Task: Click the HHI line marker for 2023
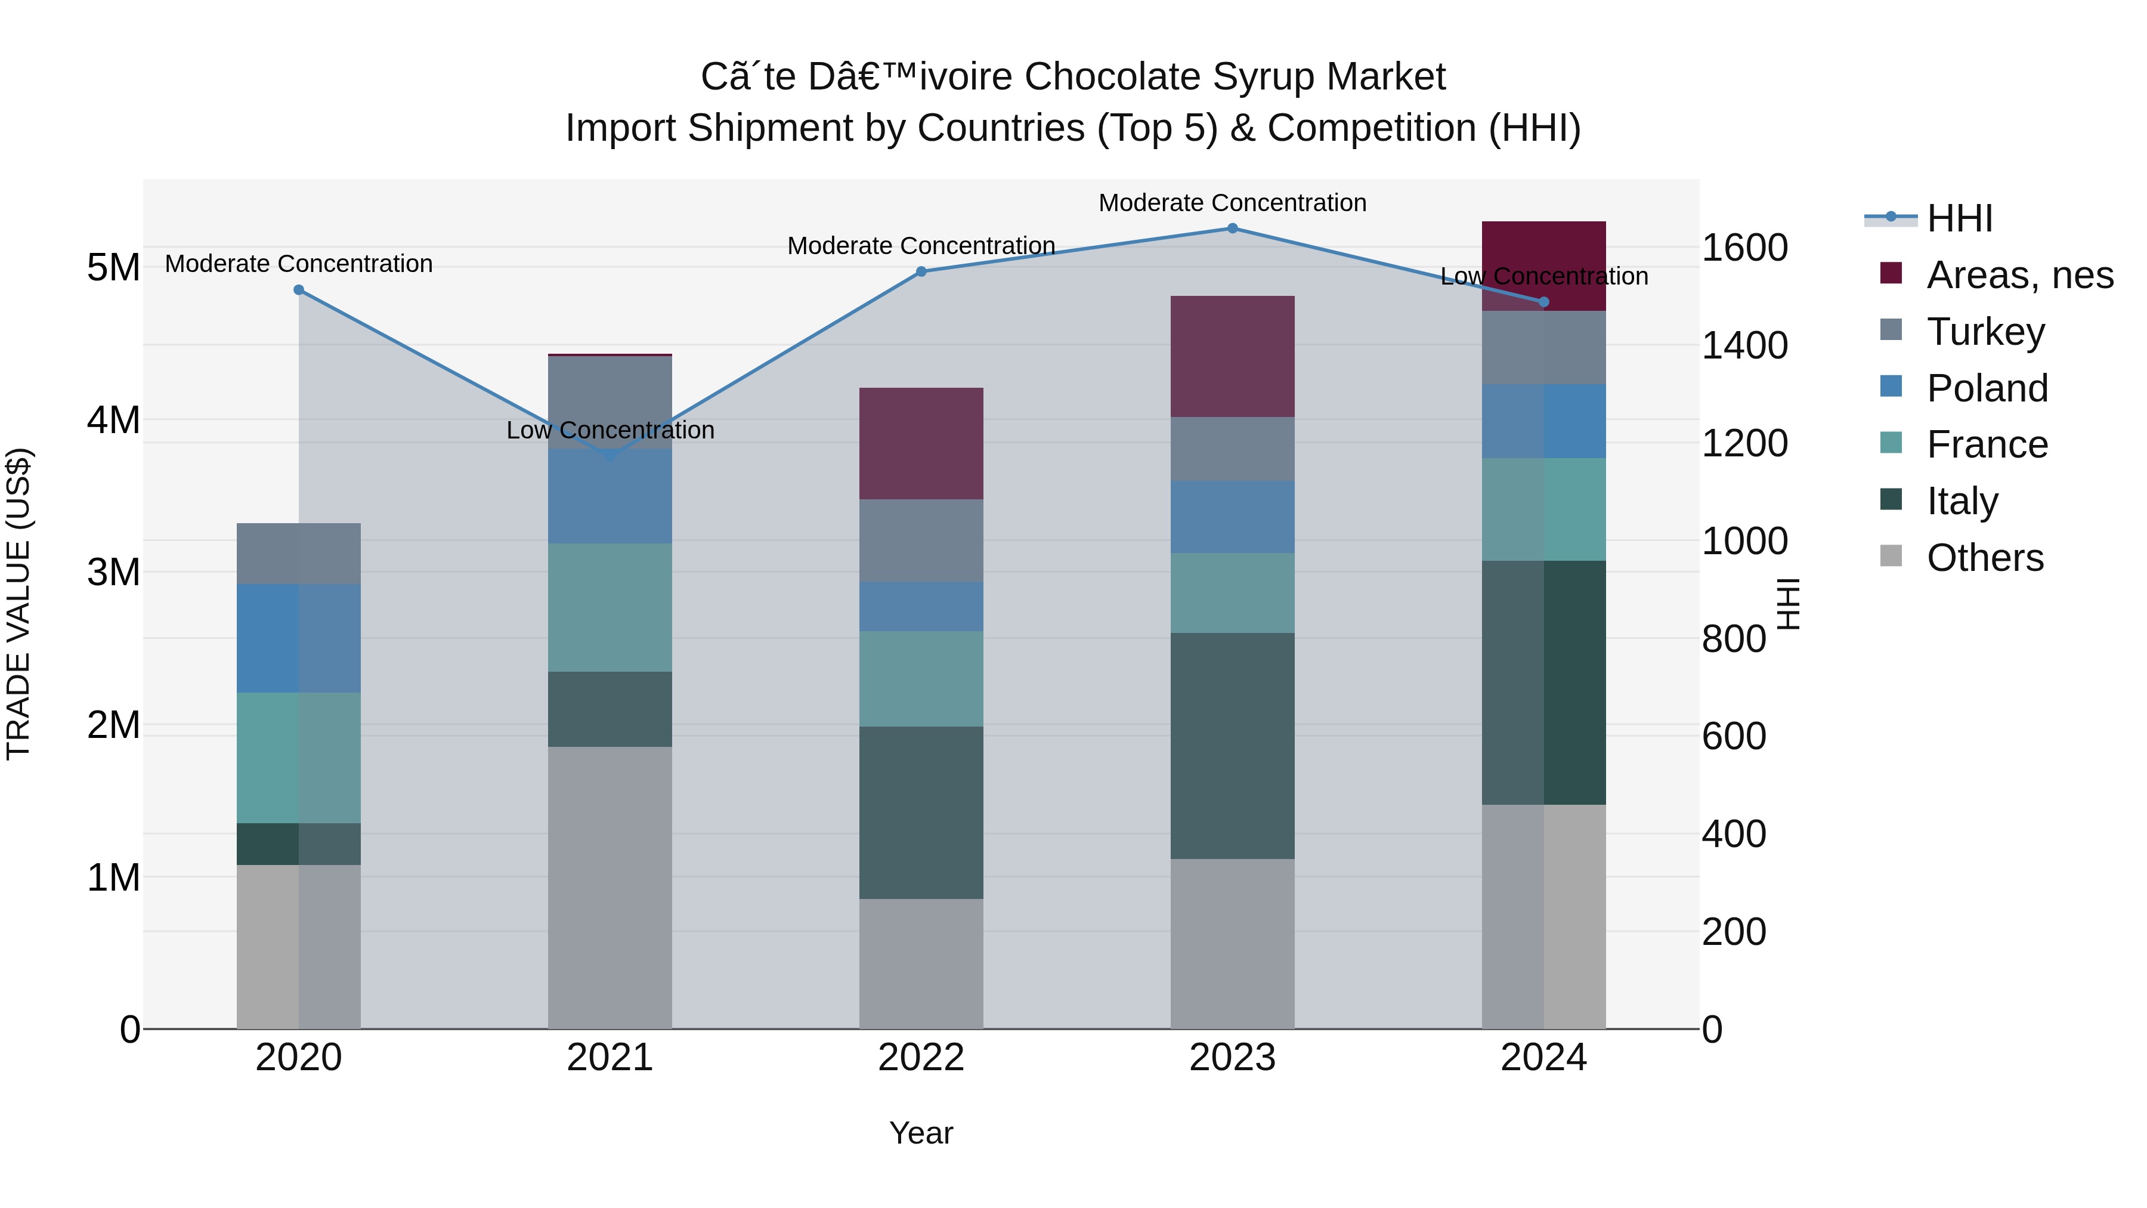coord(1232,228)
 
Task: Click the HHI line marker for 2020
coord(298,290)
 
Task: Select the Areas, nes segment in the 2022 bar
coord(921,443)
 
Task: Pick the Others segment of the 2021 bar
coord(610,887)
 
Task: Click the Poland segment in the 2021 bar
coord(610,497)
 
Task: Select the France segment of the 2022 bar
coord(921,679)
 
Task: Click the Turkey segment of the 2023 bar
coord(1232,449)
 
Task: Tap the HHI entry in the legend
coord(1959,218)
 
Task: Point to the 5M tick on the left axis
coord(113,268)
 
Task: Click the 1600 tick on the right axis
coord(1744,248)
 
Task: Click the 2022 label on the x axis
coord(921,1058)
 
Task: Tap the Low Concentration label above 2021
coord(610,430)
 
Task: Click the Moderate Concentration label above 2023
coord(1232,203)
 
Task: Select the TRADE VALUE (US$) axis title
coord(18,604)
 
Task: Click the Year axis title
coord(921,1133)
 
